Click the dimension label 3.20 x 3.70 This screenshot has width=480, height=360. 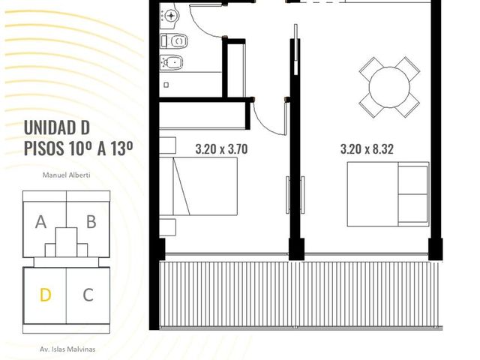point(221,149)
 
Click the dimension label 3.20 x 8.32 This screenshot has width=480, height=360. point(367,149)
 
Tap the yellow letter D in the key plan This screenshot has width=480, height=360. point(45,295)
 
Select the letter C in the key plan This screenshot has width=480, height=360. point(88,295)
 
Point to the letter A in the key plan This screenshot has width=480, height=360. point(40,222)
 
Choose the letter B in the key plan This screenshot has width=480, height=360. point(91,222)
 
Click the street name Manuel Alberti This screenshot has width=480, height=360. point(67,175)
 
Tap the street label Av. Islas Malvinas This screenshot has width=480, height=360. point(67,349)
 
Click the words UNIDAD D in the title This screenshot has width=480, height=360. point(57,127)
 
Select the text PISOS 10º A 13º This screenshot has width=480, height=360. point(78,148)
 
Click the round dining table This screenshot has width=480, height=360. point(389,87)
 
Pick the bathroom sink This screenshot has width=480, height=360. point(169,14)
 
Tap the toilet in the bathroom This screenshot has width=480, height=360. point(174,40)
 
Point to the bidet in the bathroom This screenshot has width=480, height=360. point(172,63)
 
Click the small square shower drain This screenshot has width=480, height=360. point(166,85)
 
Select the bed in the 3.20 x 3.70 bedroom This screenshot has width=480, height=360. point(198,186)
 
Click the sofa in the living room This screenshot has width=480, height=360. point(388,194)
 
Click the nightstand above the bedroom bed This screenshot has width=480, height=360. point(167,145)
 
